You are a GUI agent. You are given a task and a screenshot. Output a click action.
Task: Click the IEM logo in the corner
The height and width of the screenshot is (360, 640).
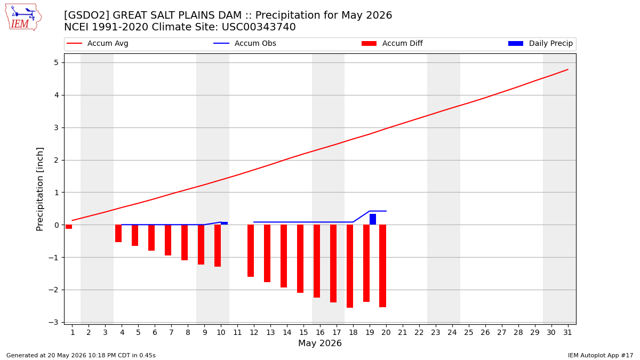tap(23, 17)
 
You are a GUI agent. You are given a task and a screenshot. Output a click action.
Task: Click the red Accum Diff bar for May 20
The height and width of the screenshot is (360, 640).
tap(383, 266)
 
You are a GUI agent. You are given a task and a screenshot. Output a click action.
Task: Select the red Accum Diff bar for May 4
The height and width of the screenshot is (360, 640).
tap(118, 233)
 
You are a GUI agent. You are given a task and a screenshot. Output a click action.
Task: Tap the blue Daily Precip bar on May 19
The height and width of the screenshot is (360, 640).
tap(373, 219)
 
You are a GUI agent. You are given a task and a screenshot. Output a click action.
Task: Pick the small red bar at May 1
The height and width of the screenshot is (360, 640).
tap(69, 227)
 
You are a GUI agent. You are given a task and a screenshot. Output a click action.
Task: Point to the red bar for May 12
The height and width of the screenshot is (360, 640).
tap(251, 251)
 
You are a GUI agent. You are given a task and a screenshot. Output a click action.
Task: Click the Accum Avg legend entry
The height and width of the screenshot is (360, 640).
tap(98, 43)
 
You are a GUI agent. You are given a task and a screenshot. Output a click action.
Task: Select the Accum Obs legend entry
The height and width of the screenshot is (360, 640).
tap(245, 43)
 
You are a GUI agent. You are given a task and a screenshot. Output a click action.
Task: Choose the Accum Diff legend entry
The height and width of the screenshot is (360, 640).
tap(392, 43)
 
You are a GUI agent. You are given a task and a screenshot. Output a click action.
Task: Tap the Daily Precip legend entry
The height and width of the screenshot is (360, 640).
tap(541, 43)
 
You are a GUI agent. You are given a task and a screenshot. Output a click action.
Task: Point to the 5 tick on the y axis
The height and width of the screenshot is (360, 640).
tap(57, 62)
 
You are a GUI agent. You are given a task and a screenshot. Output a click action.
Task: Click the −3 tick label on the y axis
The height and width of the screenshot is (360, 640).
tap(53, 322)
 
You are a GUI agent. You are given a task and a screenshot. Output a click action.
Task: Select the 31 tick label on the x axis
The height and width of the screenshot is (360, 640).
tap(567, 332)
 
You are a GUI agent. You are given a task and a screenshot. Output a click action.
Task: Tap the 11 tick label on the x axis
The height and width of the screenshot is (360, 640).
tap(237, 332)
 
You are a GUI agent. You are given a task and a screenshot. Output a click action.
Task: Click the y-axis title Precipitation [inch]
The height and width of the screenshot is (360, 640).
tap(39, 189)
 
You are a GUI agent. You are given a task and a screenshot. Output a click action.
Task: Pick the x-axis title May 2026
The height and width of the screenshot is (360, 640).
tap(319, 343)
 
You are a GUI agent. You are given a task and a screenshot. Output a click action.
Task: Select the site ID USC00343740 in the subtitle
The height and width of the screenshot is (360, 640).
tap(259, 27)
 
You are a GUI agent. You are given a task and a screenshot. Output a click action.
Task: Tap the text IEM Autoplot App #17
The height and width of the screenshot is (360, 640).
tap(601, 355)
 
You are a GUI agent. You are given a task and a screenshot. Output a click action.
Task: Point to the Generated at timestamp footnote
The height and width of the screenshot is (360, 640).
tap(81, 355)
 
